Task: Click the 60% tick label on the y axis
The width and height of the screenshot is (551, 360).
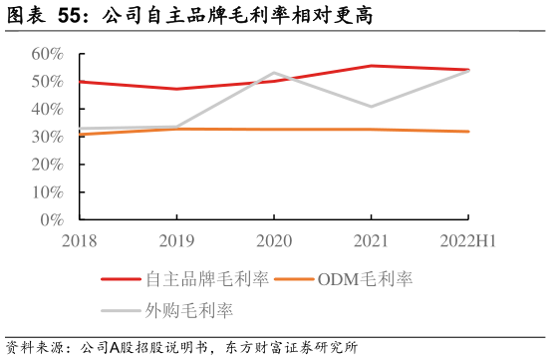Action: [x=48, y=53]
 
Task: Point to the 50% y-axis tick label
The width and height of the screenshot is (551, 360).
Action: [x=48, y=81]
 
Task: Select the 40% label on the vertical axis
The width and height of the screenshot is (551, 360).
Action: [x=48, y=109]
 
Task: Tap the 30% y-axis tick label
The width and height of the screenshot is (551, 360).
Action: [x=48, y=137]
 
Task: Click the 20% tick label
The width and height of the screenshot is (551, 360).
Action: [x=48, y=165]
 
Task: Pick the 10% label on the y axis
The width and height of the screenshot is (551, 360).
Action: [x=48, y=192]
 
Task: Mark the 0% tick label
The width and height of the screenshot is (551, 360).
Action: [x=52, y=220]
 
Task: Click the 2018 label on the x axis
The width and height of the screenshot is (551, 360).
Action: [x=80, y=240]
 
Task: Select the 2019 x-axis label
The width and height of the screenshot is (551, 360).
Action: [x=176, y=240]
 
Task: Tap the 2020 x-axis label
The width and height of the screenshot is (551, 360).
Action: [x=273, y=240]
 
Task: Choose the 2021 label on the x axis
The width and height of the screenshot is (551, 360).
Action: [x=371, y=240]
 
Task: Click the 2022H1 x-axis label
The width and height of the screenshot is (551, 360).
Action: [x=467, y=240]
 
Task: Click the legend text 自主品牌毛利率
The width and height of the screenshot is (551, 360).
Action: [x=207, y=280]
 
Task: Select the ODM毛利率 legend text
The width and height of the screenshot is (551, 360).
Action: [x=365, y=280]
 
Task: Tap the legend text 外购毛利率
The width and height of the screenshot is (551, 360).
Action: [x=190, y=311]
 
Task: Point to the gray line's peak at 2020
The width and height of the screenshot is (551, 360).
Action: [x=273, y=73]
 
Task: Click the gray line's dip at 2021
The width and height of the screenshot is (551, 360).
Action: [x=371, y=107]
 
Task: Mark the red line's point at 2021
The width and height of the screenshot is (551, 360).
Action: [x=371, y=66]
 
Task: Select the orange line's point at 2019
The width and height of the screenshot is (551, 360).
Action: [x=176, y=129]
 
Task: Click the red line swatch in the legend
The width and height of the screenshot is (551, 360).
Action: [x=121, y=280]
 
